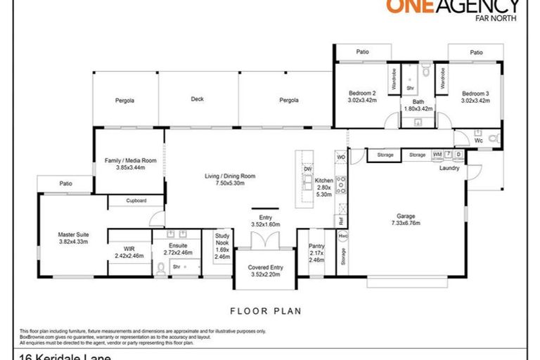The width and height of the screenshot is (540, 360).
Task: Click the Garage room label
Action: click(408, 217)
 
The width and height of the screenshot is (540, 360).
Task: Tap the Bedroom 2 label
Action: click(363, 94)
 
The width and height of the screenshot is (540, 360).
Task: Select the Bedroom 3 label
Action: click(475, 94)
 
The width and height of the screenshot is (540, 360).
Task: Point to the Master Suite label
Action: click(71, 234)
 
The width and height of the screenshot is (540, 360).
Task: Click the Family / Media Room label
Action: click(124, 161)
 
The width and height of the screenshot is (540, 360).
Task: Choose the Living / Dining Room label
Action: click(230, 176)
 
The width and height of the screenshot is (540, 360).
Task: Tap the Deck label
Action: click(198, 99)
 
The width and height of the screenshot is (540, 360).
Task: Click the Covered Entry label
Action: click(265, 268)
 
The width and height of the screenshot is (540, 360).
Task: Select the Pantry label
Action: click(316, 245)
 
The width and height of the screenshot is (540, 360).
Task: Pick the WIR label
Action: click(129, 249)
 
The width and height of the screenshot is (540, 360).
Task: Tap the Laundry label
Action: click(449, 168)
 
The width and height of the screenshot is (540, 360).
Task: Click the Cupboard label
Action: click(136, 201)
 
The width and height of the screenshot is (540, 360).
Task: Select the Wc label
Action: click(478, 141)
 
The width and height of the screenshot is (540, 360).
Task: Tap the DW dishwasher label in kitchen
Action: click(307, 169)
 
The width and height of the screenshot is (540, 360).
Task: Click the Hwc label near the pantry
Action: click(342, 236)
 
